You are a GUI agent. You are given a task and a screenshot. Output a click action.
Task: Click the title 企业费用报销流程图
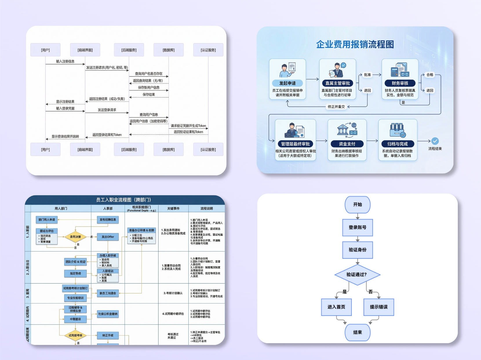click(x=355, y=44)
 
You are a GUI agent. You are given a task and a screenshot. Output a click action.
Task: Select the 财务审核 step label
click(x=400, y=83)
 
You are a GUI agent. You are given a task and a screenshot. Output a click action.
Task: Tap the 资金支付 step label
click(x=347, y=144)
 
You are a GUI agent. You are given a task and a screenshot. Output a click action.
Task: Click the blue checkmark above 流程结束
click(x=435, y=141)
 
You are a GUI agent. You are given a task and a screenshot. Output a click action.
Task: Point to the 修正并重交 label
click(x=336, y=107)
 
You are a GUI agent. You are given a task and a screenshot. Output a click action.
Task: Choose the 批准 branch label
click(x=367, y=75)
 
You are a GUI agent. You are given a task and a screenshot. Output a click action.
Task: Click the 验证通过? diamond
click(x=357, y=274)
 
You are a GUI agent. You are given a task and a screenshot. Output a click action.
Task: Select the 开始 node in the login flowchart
click(x=357, y=204)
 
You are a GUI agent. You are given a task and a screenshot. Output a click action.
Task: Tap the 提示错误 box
click(x=378, y=307)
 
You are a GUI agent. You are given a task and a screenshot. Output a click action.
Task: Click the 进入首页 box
click(x=336, y=307)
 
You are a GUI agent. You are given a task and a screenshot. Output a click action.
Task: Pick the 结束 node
click(x=357, y=332)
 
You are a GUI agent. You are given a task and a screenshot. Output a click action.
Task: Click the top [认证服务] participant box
click(x=208, y=50)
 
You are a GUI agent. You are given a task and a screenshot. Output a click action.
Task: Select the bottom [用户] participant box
click(x=45, y=150)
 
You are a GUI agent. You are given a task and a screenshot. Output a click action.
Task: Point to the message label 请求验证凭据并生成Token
click(x=188, y=126)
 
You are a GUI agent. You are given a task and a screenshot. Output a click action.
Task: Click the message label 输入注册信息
click(x=65, y=61)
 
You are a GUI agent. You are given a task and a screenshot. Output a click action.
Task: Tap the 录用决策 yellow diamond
click(x=75, y=237)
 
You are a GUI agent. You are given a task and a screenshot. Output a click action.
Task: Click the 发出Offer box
click(x=108, y=237)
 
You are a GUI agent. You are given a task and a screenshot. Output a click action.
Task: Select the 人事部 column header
click(x=108, y=208)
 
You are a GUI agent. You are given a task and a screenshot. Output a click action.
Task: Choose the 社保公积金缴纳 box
click(x=108, y=314)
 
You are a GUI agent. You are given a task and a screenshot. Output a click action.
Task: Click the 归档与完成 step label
click(x=398, y=144)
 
